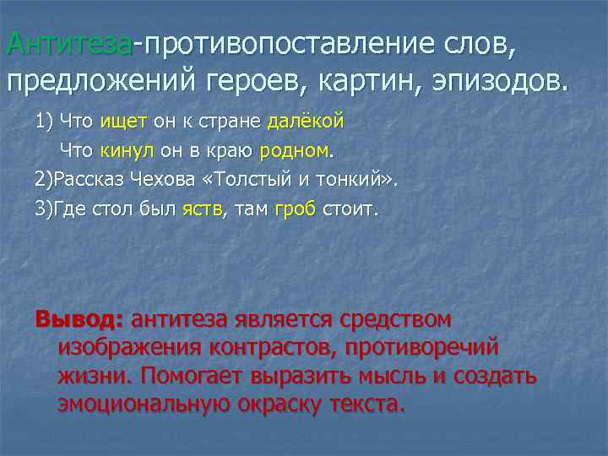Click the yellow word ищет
(123, 122)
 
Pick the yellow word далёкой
(306, 122)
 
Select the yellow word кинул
(127, 152)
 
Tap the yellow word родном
(295, 152)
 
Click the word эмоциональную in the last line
(143, 404)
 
